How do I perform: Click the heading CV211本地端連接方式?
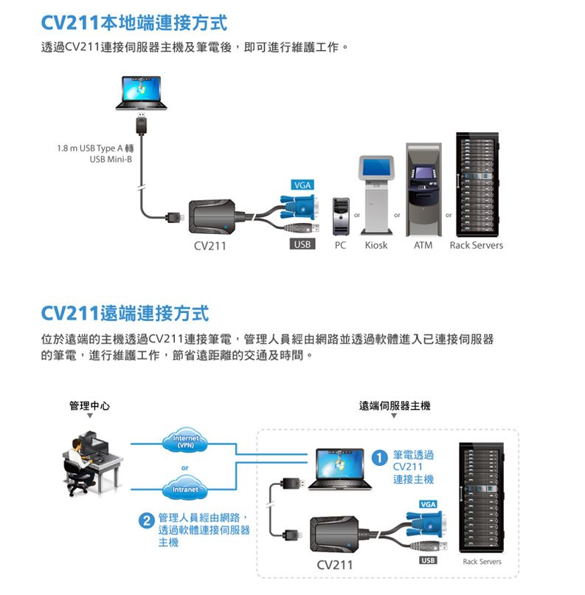(x=134, y=23)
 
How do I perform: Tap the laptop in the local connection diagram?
(x=142, y=92)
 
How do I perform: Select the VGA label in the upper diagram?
(x=301, y=184)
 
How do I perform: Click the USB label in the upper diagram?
(x=301, y=244)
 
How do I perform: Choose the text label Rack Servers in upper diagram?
(x=476, y=245)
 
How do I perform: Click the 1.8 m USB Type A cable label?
(x=94, y=154)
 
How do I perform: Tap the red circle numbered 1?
(x=379, y=458)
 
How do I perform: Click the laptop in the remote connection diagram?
(x=339, y=468)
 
